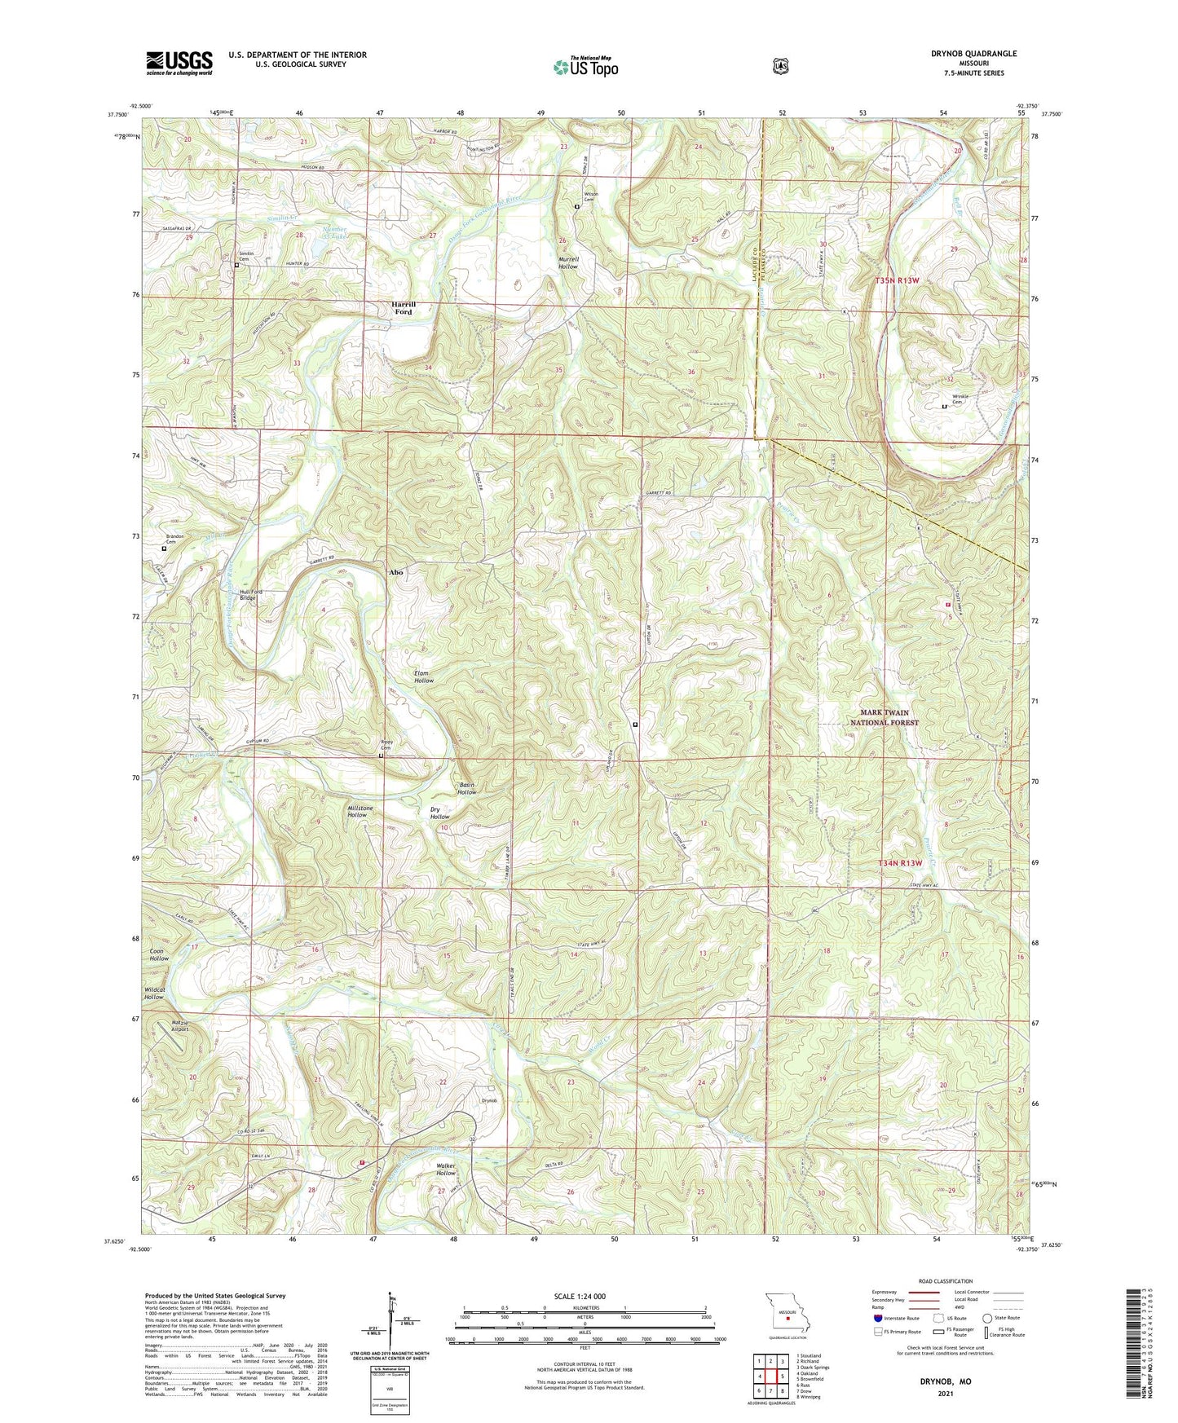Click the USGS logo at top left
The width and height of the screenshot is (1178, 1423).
[x=179, y=63]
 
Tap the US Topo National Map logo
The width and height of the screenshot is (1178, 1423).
[x=585, y=66]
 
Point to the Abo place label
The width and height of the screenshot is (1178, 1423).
[x=395, y=572]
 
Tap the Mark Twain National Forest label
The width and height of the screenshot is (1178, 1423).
[x=884, y=717]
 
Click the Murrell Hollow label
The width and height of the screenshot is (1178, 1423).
[x=568, y=262]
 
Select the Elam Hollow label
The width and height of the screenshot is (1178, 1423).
[x=423, y=676]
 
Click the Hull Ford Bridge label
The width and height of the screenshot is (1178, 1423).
[x=236, y=595]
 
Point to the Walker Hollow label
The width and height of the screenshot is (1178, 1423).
[x=445, y=1170]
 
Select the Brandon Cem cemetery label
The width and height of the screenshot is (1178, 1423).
[x=175, y=539]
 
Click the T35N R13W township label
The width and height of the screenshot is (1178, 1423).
[x=897, y=280]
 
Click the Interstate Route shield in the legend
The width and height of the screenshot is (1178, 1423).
[x=877, y=1318]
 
